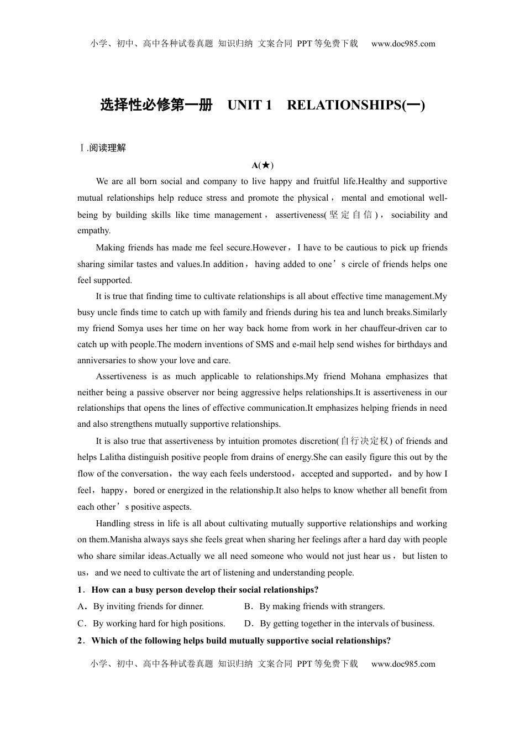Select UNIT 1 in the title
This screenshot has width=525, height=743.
point(250,105)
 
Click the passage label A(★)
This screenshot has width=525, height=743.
point(262,165)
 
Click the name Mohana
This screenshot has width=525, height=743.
point(366,376)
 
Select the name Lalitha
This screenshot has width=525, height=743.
point(115,457)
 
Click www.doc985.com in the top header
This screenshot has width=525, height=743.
point(403,44)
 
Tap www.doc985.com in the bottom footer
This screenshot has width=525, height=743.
point(403,664)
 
